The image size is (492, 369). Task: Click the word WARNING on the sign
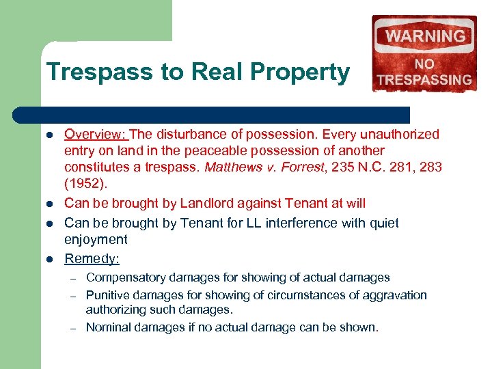click(x=425, y=36)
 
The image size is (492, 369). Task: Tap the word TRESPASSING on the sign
click(x=424, y=79)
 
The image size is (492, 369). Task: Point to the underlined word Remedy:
click(x=92, y=258)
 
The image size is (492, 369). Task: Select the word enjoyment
click(x=96, y=239)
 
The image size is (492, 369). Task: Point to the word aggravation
click(x=394, y=295)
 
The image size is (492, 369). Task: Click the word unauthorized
click(x=400, y=134)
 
